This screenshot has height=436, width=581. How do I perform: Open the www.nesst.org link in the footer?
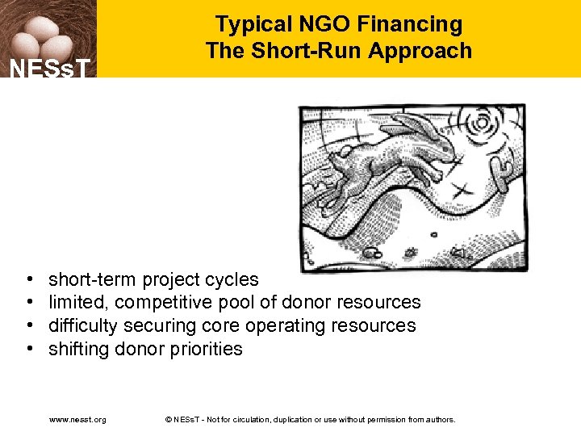[x=77, y=420]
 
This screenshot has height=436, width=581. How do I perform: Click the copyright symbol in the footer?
[x=168, y=420]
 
